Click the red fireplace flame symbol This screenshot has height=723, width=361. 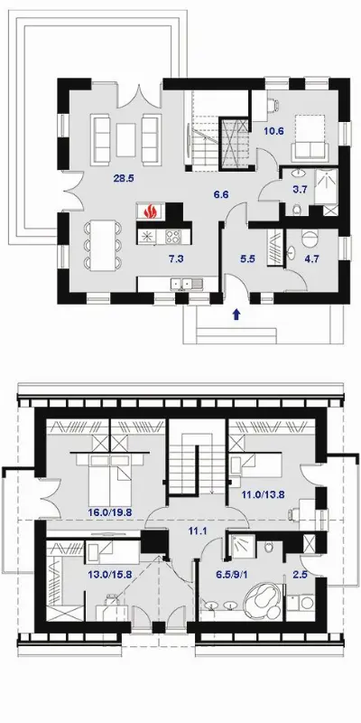pos(150,211)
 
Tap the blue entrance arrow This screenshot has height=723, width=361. pos(236,315)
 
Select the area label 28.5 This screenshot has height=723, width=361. pos(124,179)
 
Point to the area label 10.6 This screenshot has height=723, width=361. pos(273,130)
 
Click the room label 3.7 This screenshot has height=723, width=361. pos(302,188)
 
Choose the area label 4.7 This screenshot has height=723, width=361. pos(312,258)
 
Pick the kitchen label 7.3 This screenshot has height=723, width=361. pos(176,258)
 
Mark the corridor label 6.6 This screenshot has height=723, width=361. pos(221,194)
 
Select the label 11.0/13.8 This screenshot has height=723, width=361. pos(263,495)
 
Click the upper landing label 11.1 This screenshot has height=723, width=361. pos(199,531)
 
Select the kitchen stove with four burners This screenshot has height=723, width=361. pos(173,237)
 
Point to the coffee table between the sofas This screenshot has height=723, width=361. pos(126,139)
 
